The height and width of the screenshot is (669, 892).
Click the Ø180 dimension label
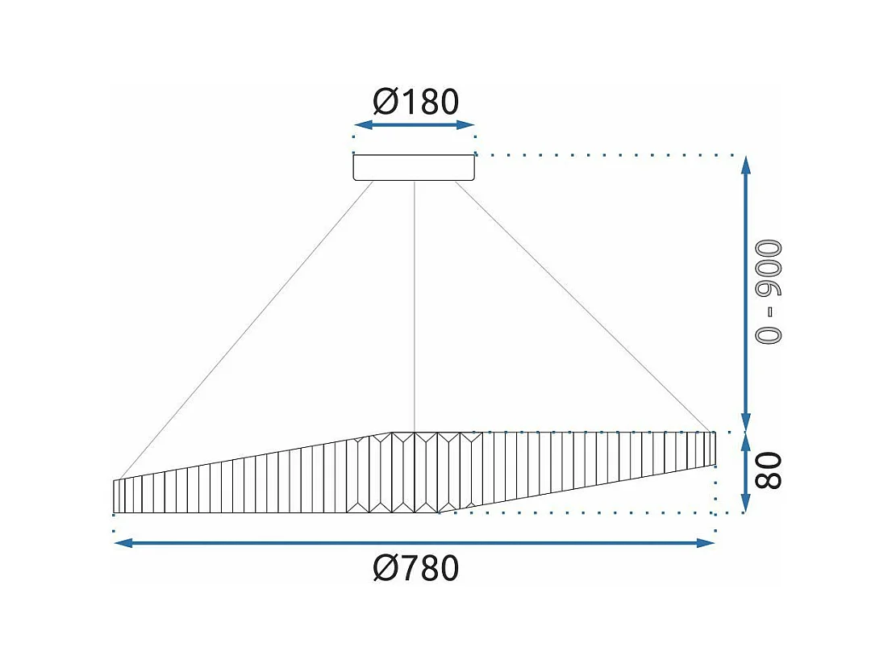415,102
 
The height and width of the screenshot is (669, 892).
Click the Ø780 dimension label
415,568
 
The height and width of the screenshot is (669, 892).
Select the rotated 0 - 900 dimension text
769,292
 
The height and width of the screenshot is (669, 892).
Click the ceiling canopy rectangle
414,167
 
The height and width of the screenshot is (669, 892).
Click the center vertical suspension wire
414,307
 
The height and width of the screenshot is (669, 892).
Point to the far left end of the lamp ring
115,496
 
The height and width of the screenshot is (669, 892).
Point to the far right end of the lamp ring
714,449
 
